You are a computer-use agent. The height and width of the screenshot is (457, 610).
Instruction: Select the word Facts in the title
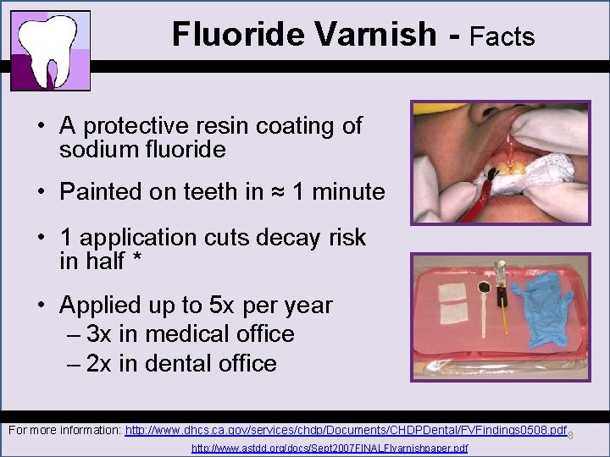[502, 36]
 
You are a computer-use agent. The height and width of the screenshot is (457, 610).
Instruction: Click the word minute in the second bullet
[348, 192]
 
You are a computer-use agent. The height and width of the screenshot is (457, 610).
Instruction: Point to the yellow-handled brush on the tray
[503, 309]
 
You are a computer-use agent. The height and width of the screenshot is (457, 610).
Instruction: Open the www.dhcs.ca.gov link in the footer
[346, 431]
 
